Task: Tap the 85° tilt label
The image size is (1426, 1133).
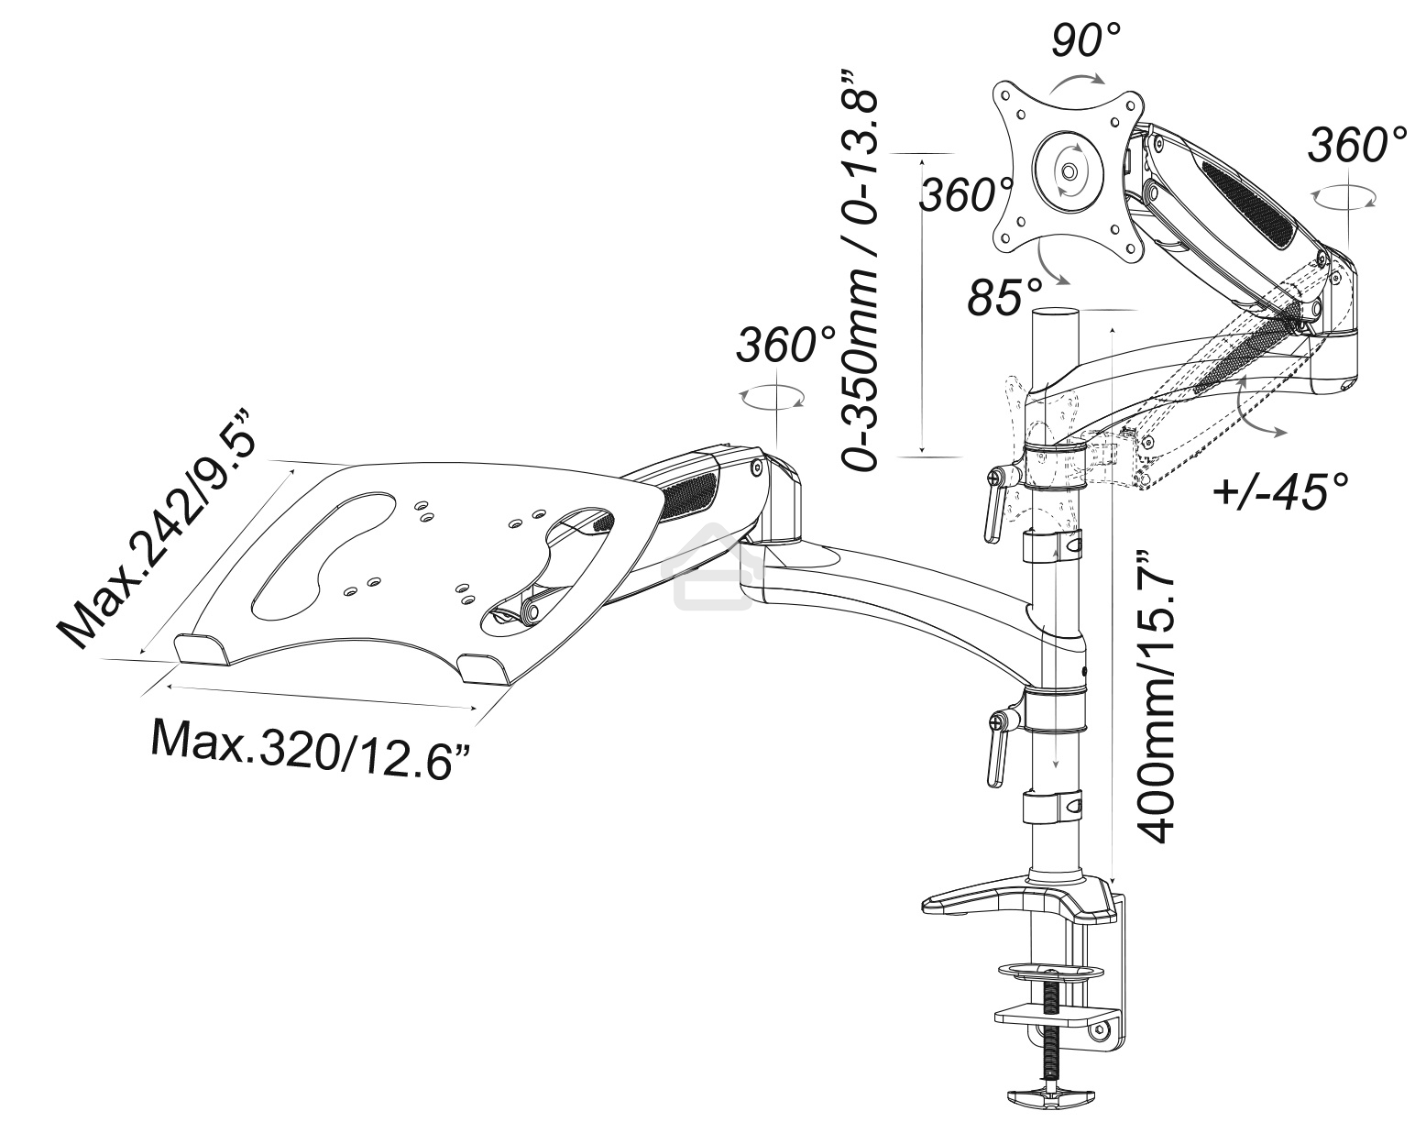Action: point(1005,298)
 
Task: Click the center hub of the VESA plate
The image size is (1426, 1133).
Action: point(1069,170)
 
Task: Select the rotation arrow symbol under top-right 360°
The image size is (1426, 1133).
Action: point(1344,198)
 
